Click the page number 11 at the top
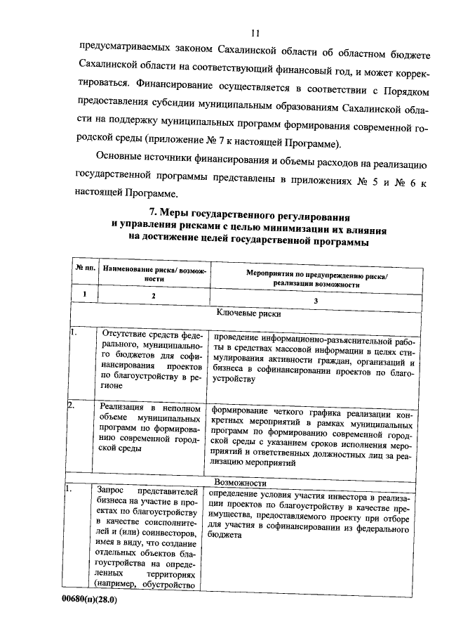click(x=255, y=33)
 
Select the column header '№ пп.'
click(x=85, y=270)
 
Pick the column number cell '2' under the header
click(x=154, y=297)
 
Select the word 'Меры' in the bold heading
click(x=175, y=211)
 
